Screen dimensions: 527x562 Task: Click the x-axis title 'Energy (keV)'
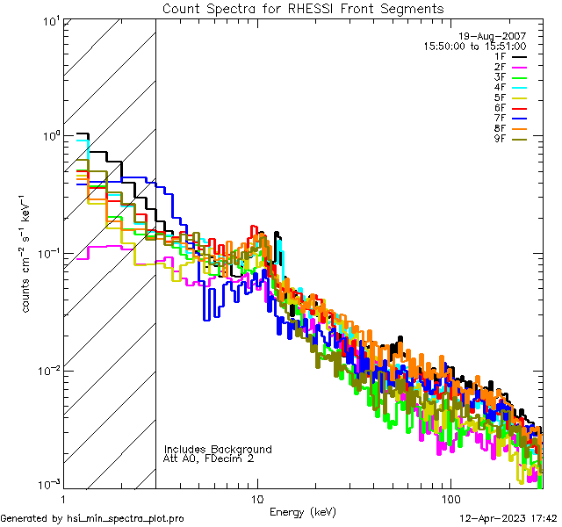pos(303,511)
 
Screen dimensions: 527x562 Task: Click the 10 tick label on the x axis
pos(257,498)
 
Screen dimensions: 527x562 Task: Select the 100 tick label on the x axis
pos(450,498)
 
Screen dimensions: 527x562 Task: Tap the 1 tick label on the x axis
pos(63,498)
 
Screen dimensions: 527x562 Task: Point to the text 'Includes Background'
pos(218,449)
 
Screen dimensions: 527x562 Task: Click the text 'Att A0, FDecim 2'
pos(208,458)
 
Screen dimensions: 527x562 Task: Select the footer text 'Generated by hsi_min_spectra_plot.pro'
pos(92,518)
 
